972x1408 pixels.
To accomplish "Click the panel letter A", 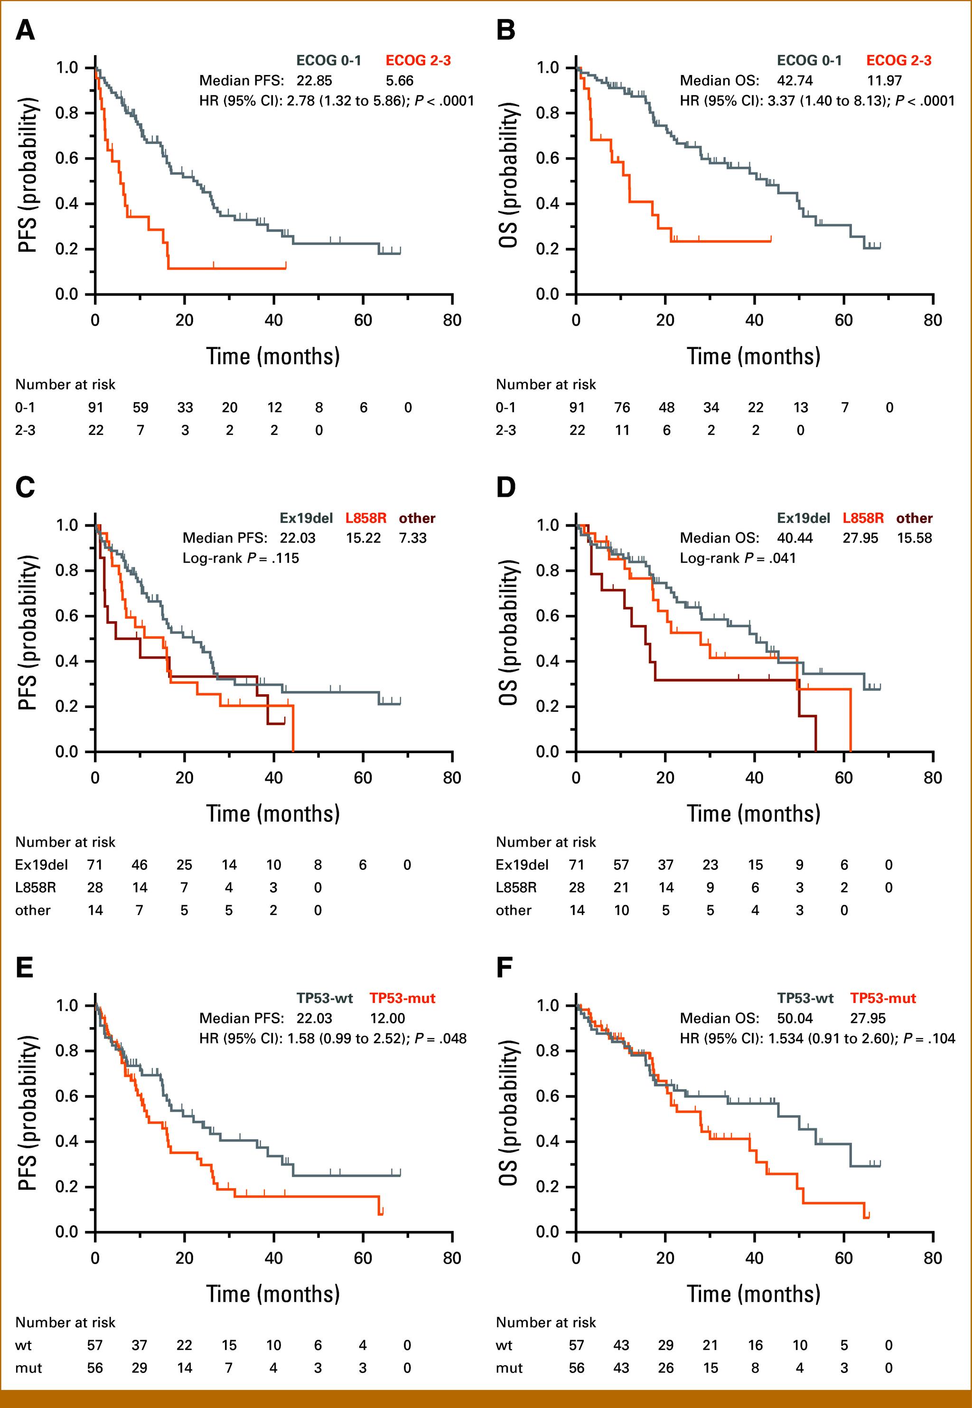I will [25, 30].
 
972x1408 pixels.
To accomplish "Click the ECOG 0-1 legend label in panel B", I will [809, 60].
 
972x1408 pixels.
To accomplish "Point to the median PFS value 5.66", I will [400, 80].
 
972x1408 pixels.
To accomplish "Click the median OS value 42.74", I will [795, 80].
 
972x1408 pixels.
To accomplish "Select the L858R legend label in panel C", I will [365, 518].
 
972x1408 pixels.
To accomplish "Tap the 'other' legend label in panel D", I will [914, 518].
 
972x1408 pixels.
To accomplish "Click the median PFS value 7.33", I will [413, 538].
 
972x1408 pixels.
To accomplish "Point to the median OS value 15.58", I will [914, 538].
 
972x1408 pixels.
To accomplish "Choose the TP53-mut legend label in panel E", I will [402, 998].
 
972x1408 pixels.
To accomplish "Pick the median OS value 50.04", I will [795, 1018].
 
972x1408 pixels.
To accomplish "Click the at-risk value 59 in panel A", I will [140, 407].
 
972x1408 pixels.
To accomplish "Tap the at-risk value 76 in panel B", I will [621, 407].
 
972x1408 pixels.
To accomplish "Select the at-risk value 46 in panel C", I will [140, 865].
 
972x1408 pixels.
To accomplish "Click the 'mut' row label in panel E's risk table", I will [28, 1368].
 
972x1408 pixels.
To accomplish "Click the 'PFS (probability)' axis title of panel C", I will [28, 638].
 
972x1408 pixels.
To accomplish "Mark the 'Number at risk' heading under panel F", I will [546, 1322].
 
